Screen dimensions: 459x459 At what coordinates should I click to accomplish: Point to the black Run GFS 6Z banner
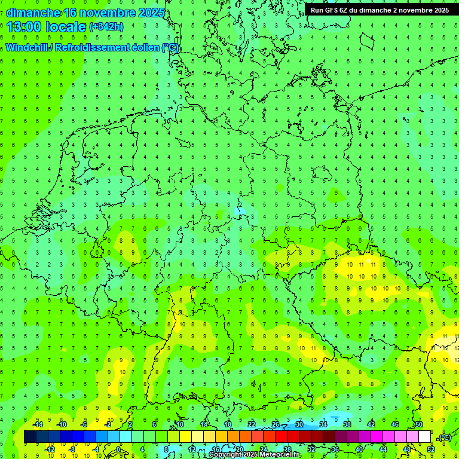click(x=380, y=10)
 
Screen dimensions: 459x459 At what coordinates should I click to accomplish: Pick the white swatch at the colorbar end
click(x=424, y=437)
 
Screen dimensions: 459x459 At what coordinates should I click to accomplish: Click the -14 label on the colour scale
click(x=37, y=424)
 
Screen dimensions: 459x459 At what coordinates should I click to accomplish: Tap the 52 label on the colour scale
click(x=431, y=449)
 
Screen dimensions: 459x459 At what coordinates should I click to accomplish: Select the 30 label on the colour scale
click(x=299, y=424)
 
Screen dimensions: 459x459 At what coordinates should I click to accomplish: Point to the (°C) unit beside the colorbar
click(x=444, y=437)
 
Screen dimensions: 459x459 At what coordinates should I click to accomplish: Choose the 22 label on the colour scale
click(x=252, y=424)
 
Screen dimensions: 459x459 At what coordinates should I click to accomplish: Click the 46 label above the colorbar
click(x=394, y=424)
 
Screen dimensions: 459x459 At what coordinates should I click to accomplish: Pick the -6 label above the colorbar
click(x=84, y=424)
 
